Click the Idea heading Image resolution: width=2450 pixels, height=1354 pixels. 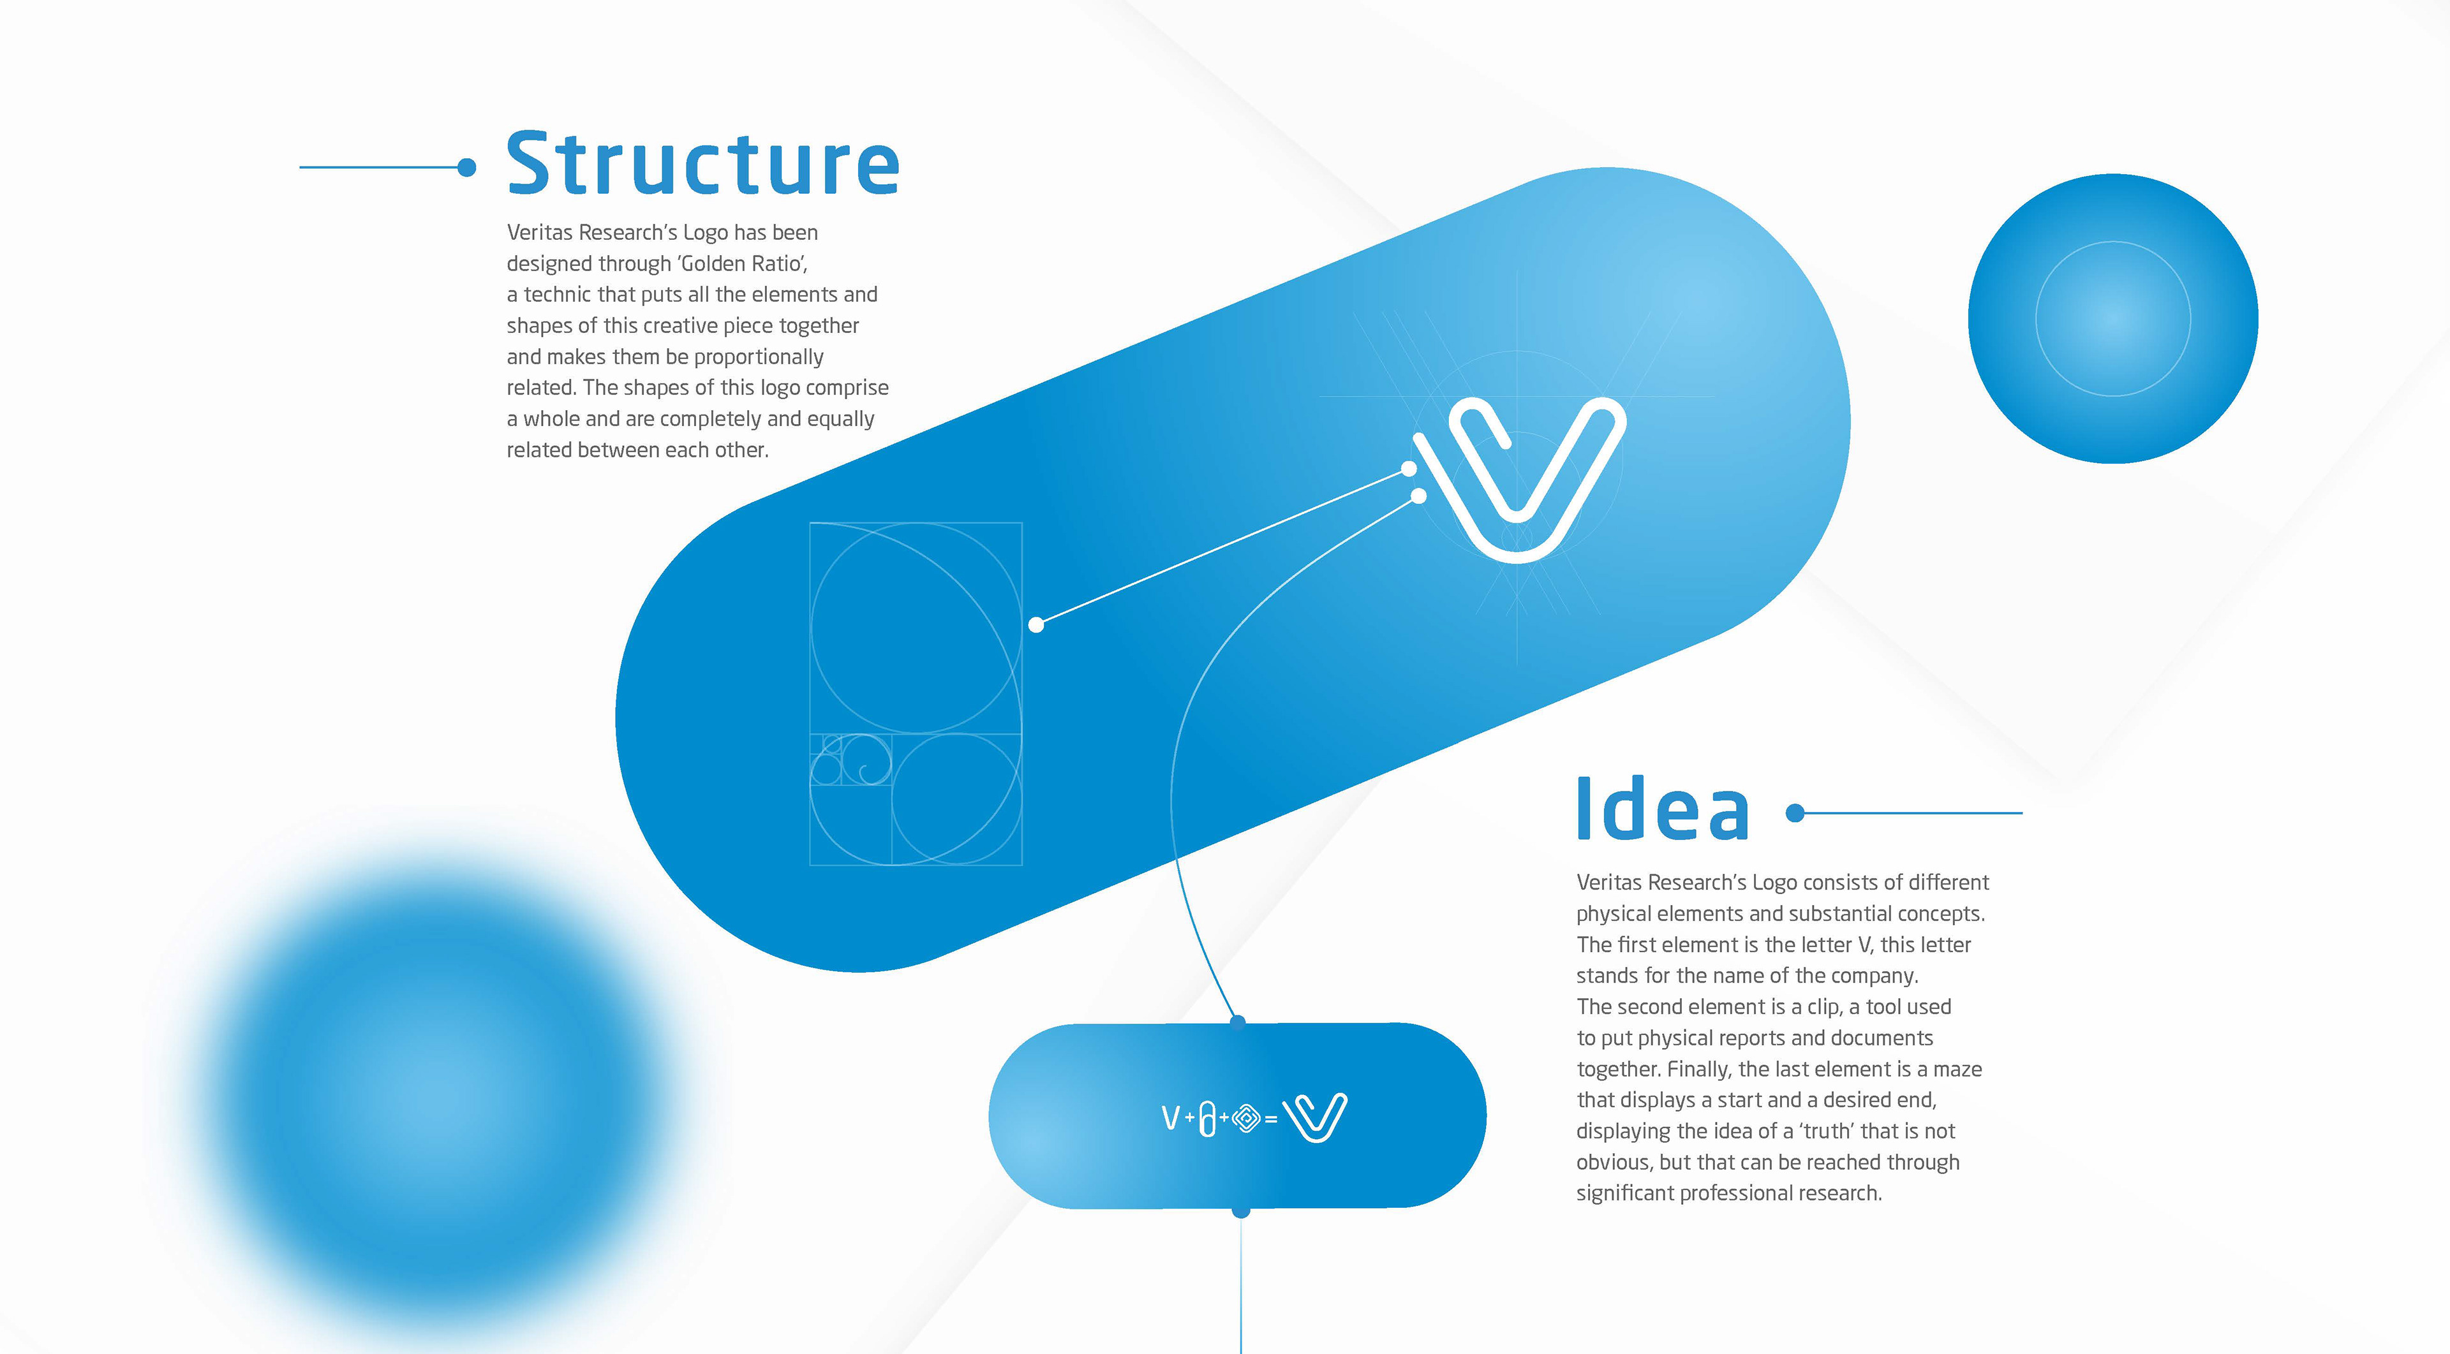(x=1663, y=809)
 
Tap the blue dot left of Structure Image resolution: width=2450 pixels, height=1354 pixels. (x=466, y=167)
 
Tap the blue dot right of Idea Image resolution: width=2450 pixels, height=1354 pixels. (x=1795, y=813)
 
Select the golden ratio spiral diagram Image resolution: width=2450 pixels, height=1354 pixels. (x=916, y=693)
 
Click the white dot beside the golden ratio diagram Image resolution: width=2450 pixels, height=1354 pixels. (x=1037, y=625)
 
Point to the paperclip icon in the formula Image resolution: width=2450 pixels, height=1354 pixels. (x=1207, y=1118)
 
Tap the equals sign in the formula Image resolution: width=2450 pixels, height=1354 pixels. (x=1271, y=1120)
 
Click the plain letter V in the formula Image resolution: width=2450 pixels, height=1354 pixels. (x=1171, y=1117)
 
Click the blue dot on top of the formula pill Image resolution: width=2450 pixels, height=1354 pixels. (x=1237, y=1022)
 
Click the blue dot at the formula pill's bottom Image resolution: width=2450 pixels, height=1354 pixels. (x=1240, y=1211)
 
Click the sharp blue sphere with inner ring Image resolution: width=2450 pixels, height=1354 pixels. (x=2113, y=318)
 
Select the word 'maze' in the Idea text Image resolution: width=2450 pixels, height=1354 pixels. (x=1957, y=1069)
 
